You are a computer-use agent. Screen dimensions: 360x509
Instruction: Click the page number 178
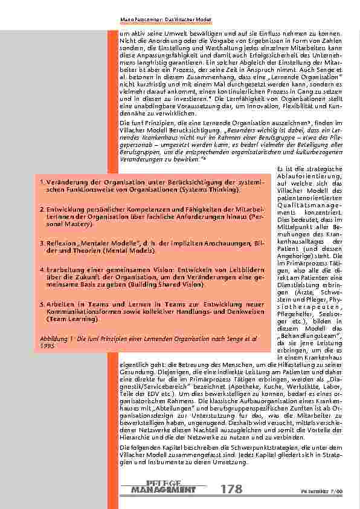[x=233, y=489]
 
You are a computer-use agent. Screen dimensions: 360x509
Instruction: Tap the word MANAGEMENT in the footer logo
[x=159, y=489]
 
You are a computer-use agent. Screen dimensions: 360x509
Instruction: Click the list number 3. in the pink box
[x=43, y=241]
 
